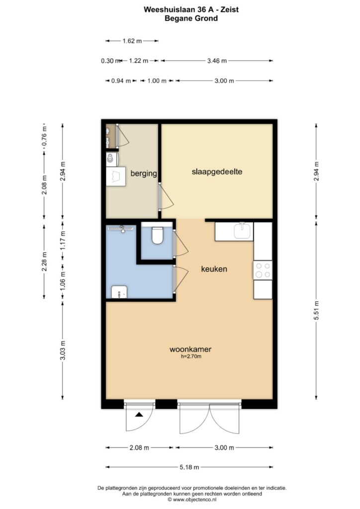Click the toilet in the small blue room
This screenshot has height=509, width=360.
coord(157,236)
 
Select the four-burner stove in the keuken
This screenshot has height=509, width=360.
coord(263,270)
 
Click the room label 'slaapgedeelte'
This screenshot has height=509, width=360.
coord(217,171)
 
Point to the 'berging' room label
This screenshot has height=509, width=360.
coord(144,173)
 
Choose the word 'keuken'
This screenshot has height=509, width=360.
coord(214,269)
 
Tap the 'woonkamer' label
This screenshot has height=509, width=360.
coord(190,349)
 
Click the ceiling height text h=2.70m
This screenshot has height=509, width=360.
coord(191,356)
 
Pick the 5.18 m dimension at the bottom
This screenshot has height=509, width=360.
coord(189,467)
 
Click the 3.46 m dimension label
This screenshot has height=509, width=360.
coord(217,61)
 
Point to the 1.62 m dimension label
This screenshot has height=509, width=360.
coord(132,41)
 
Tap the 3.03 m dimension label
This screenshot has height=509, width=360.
coord(63,350)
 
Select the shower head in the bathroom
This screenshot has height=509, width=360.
coord(121,229)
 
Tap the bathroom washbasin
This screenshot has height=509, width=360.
coord(119,292)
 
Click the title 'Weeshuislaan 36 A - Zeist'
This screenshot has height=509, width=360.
coord(191,9)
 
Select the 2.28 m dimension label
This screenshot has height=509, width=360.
coord(44,261)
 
